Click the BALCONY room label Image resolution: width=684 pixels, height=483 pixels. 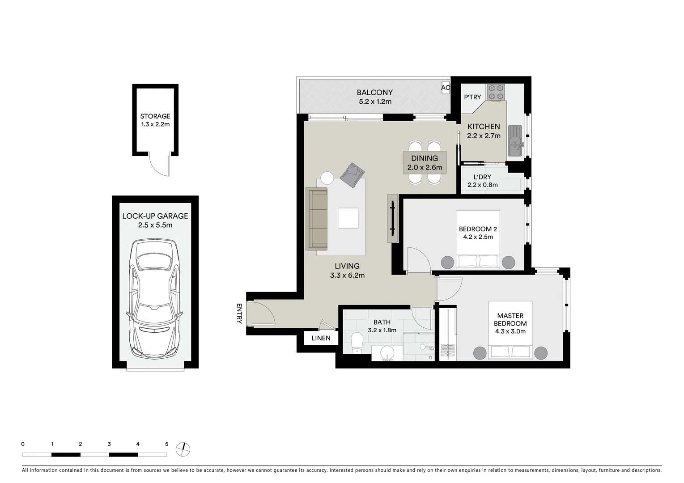pyautogui.click(x=374, y=93)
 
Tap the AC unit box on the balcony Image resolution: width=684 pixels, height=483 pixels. pyautogui.click(x=446, y=88)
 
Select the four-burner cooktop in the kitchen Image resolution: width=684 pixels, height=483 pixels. pyautogui.click(x=496, y=92)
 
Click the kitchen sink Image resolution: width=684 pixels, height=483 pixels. pyautogui.click(x=516, y=141)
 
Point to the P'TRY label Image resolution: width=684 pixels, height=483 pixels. pyautogui.click(x=472, y=97)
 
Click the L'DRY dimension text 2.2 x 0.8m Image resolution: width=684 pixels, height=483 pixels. pyautogui.click(x=482, y=185)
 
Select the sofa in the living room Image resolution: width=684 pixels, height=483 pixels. pyautogui.click(x=317, y=219)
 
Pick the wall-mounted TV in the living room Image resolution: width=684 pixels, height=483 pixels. pyautogui.click(x=393, y=218)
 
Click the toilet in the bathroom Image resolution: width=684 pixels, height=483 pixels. pyautogui.click(x=358, y=342)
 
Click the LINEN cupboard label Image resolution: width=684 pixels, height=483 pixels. pyautogui.click(x=321, y=338)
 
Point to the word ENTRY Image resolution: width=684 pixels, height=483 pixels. pyautogui.click(x=239, y=314)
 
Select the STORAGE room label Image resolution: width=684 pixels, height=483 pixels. pyautogui.click(x=155, y=116)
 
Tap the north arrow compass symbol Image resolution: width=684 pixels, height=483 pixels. pyautogui.click(x=183, y=449)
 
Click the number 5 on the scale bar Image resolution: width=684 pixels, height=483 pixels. pyautogui.click(x=166, y=444)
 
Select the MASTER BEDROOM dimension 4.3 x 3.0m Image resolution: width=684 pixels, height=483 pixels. pyautogui.click(x=510, y=331)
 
